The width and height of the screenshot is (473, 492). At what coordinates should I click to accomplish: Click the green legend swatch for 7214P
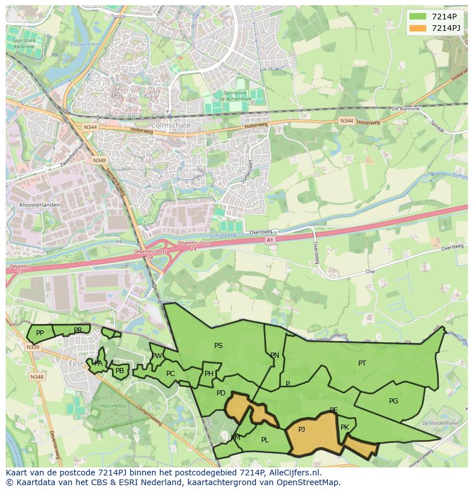click(418, 16)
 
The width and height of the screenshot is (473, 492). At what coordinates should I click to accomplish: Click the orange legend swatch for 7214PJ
click(418, 28)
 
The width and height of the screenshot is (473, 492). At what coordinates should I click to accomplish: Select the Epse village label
click(76, 363)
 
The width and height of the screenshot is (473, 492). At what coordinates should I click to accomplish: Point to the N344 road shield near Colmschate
click(90, 127)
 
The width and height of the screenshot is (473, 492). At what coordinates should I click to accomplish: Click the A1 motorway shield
click(270, 240)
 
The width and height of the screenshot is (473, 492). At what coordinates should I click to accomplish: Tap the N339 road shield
click(33, 347)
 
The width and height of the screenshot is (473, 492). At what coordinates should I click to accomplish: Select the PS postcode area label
click(218, 345)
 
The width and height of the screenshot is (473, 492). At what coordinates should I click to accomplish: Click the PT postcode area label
click(362, 363)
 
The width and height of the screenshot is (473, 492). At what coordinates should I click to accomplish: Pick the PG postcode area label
click(394, 401)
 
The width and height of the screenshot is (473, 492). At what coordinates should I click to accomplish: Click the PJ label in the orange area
click(302, 429)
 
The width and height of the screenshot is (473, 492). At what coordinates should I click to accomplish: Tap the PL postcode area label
click(264, 440)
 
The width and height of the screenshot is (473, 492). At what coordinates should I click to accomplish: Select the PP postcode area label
click(40, 333)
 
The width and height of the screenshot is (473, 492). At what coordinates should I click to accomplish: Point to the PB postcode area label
click(119, 371)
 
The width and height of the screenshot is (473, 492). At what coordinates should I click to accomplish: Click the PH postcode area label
click(209, 374)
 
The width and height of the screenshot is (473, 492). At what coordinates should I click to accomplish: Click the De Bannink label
click(406, 109)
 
